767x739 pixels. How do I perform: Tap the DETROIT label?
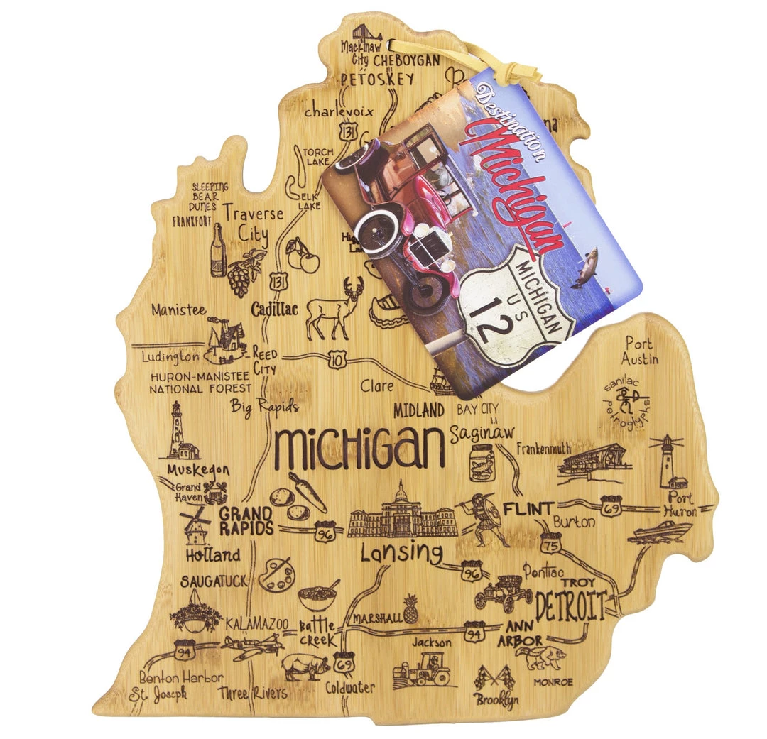click(570, 606)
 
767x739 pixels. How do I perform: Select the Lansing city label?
click(401, 552)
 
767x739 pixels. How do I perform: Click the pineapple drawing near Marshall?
click(410, 608)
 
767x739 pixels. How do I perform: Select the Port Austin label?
click(640, 351)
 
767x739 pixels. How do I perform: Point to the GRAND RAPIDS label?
click(246, 520)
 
